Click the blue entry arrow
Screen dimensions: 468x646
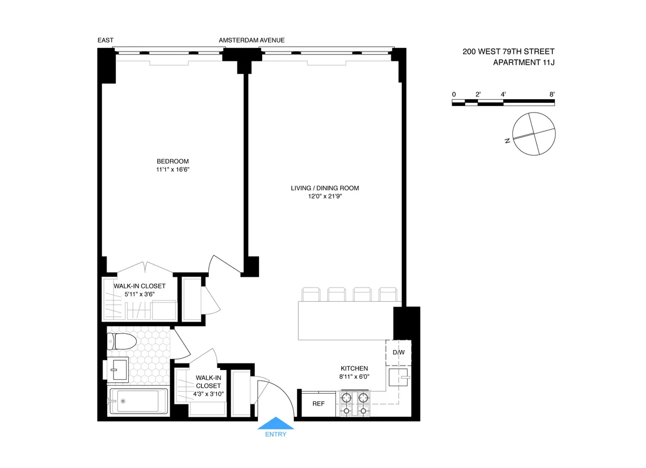click(276, 423)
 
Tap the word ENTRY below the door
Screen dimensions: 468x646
click(276, 435)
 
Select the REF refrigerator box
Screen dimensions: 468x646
click(318, 403)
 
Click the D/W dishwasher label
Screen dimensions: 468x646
click(398, 353)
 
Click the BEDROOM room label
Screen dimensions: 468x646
click(173, 161)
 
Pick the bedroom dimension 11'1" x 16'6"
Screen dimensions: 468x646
click(173, 170)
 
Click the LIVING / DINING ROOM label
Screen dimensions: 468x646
click(325, 188)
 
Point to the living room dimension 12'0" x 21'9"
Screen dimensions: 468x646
click(325, 197)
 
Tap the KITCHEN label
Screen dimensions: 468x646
click(354, 368)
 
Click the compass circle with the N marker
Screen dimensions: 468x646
click(533, 134)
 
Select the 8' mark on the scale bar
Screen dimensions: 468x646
click(552, 94)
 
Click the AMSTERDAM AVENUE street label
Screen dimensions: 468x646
click(251, 40)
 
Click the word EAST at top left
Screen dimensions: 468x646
click(106, 40)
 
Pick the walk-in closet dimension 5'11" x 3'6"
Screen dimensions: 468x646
click(139, 295)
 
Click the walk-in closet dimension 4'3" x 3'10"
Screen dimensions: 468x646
click(208, 394)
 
